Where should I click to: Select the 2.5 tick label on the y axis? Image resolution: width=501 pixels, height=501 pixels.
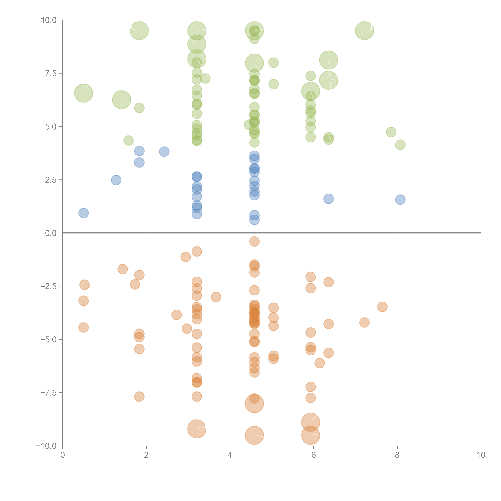[51, 180]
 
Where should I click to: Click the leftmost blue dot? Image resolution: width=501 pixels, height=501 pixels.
[83, 213]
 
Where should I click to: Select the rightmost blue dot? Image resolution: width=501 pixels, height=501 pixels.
[400, 200]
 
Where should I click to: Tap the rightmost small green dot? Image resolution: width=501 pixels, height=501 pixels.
[400, 145]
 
